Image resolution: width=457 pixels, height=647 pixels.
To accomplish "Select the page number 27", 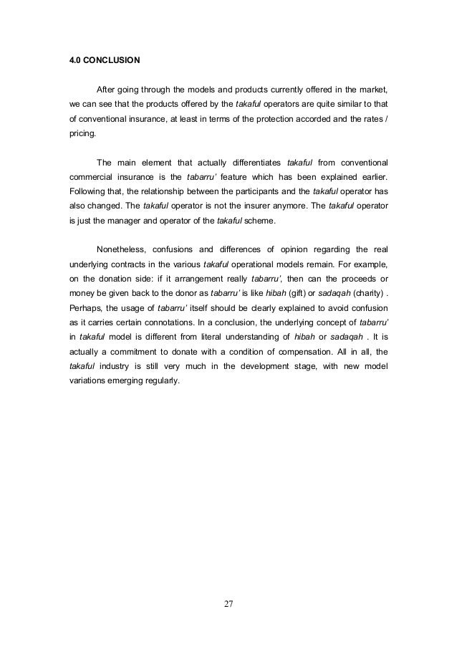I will pos(228,605).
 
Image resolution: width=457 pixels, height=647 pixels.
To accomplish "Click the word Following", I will pos(87,191).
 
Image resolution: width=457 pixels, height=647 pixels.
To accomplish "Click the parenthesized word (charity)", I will pos(362,294).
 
